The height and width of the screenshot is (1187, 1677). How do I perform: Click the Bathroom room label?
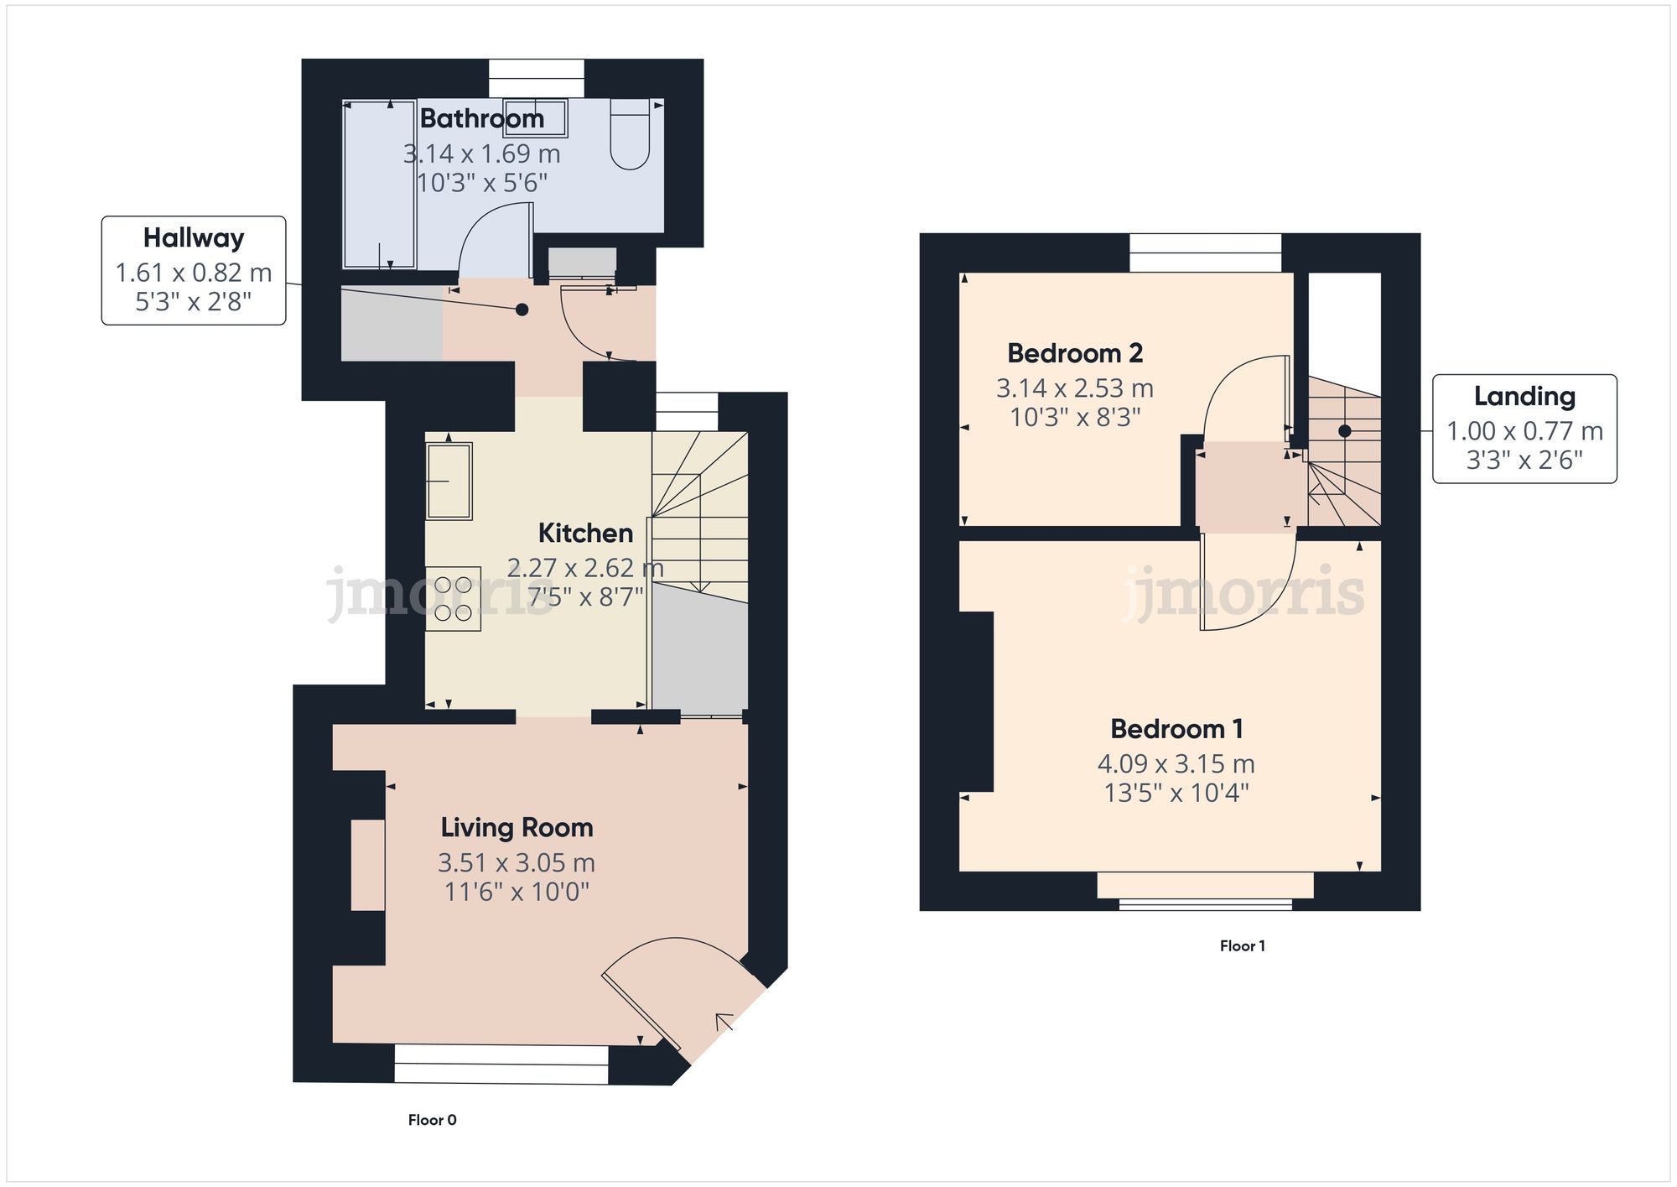pos(481,119)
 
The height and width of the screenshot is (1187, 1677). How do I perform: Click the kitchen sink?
pos(449,481)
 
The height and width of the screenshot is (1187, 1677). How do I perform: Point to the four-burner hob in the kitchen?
pos(453,599)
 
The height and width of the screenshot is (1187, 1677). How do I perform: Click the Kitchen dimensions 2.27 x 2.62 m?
pos(585,568)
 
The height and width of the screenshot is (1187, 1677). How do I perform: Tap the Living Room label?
pos(517,828)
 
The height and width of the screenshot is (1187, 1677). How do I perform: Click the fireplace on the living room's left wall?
pos(367,865)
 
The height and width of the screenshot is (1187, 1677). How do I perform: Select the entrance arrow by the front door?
pos(724,1022)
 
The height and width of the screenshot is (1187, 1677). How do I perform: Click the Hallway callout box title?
pos(194,238)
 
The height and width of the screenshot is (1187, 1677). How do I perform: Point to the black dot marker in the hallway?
pos(522,310)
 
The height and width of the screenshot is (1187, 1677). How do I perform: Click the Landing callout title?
pos(1524,396)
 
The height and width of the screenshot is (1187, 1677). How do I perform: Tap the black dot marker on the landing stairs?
pos(1344,431)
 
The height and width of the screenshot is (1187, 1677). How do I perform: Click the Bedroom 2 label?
pos(1074,353)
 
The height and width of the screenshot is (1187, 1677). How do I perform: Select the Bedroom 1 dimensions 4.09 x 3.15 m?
pos(1176,764)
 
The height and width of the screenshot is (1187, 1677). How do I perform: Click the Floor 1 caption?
pos(1242,946)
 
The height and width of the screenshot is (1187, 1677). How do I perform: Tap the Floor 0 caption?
pos(432,1120)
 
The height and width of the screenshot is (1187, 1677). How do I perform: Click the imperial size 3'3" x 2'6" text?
pos(1524,461)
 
